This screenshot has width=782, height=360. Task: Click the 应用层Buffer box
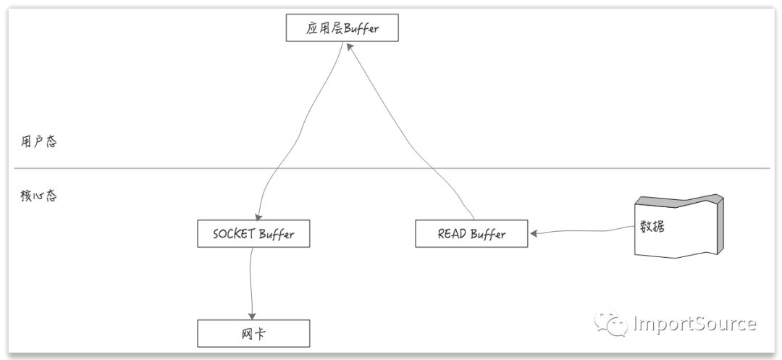[x=342, y=30]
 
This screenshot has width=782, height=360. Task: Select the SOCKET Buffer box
[x=253, y=234]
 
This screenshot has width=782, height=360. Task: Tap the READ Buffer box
[x=471, y=234]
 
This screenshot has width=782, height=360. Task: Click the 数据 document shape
[x=673, y=226]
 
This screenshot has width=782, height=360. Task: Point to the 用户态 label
[x=38, y=141]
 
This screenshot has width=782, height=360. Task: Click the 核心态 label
[x=38, y=196]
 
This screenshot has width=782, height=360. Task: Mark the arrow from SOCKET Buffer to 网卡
[x=250, y=282]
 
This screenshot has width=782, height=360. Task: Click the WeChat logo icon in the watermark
[x=611, y=323]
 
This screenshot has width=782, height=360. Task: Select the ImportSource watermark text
[x=694, y=323]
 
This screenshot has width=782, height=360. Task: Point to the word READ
[x=453, y=234]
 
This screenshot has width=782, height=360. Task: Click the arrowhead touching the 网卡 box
[x=252, y=316]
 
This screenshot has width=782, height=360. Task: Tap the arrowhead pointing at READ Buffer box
[x=533, y=234]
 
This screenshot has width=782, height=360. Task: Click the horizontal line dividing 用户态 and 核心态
[x=391, y=169]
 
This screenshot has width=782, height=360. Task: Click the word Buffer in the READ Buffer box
[x=488, y=234]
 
